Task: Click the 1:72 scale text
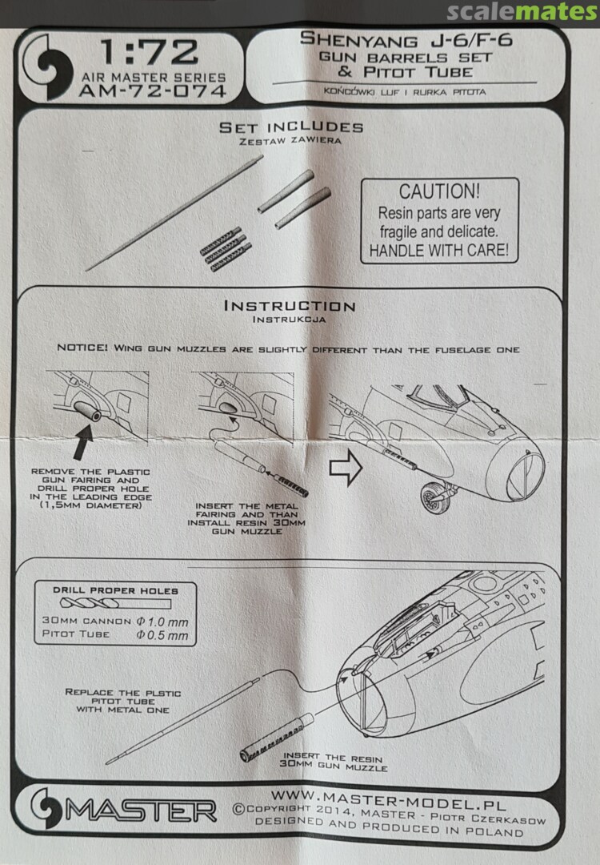tap(149, 53)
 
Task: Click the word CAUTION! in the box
tap(439, 192)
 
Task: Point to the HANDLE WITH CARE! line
tap(438, 251)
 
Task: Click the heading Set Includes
tap(291, 127)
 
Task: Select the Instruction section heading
tap(290, 306)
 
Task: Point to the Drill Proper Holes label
tap(115, 590)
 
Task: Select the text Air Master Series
tap(152, 78)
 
